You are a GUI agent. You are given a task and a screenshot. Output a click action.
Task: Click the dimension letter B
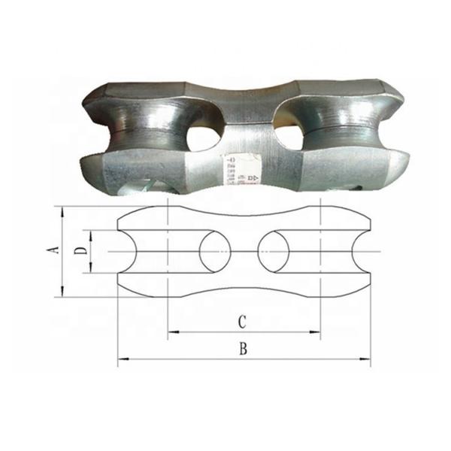(243, 349)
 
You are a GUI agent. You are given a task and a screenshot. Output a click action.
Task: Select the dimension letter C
(242, 322)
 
